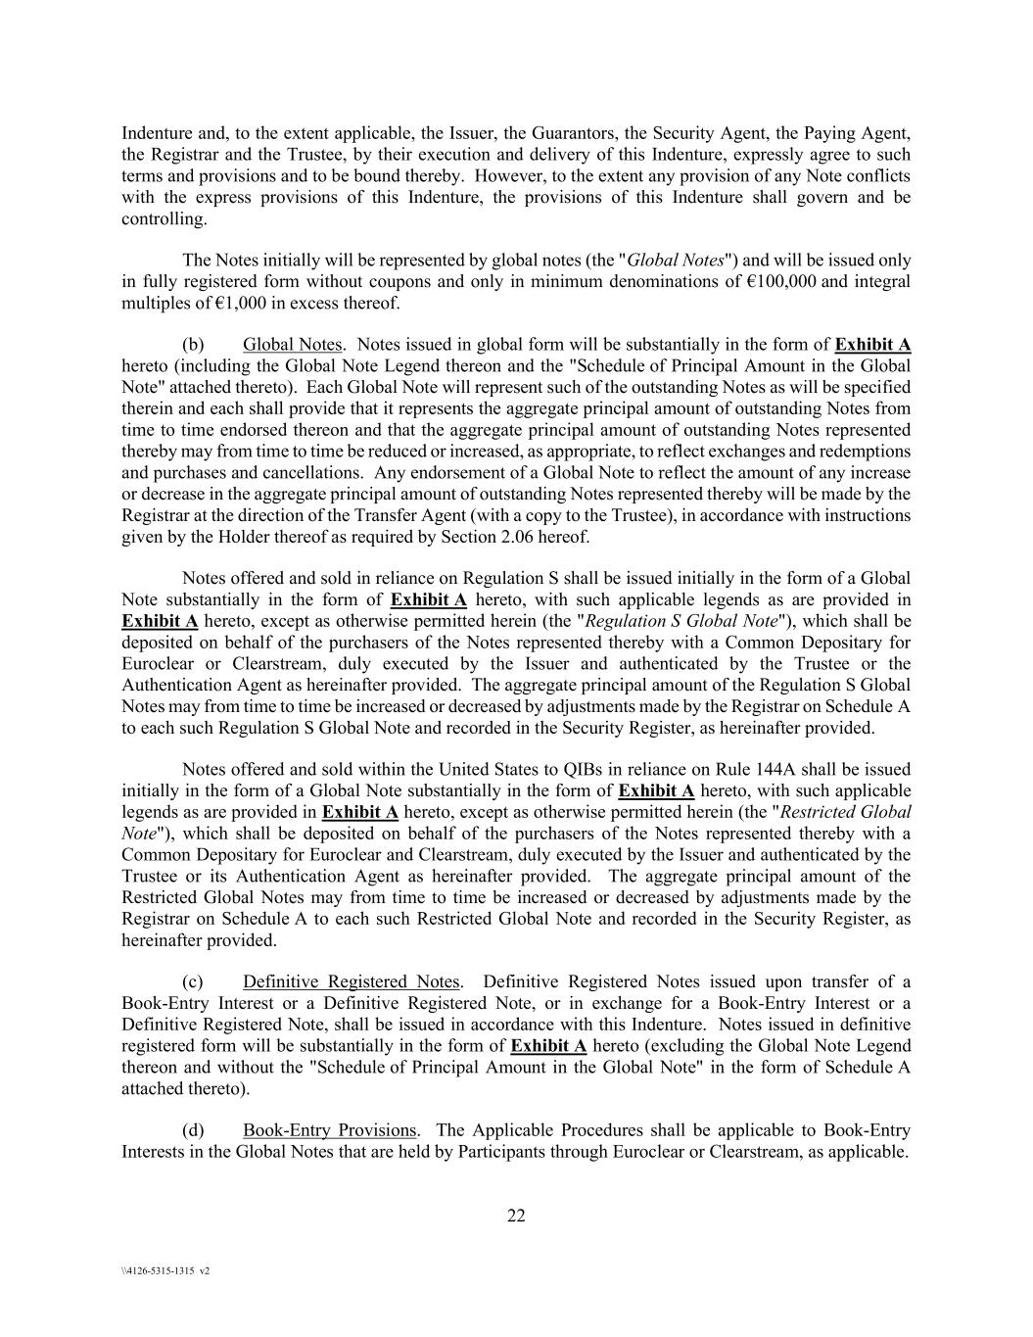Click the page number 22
(x=516, y=1217)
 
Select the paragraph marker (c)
(x=193, y=981)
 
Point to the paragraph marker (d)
(x=193, y=1130)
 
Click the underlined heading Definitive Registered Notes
(x=351, y=981)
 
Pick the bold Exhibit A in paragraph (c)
(x=548, y=1046)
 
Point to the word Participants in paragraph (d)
(x=503, y=1152)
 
